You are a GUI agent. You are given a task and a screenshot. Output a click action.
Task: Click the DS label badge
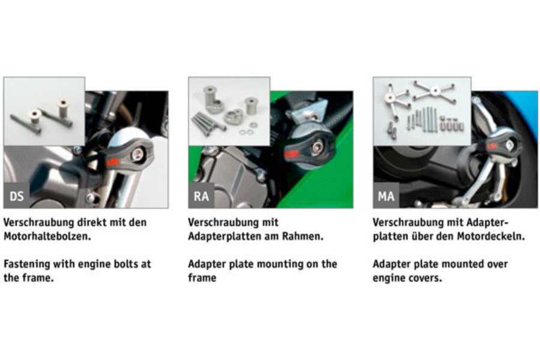17,196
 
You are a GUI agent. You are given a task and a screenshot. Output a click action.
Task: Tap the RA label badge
201,196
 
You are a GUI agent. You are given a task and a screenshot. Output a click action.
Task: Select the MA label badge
386,196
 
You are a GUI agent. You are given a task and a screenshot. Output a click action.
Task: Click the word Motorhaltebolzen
47,236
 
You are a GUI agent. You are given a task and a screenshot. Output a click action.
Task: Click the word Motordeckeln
491,236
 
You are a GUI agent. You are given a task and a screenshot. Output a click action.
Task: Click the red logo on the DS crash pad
113,161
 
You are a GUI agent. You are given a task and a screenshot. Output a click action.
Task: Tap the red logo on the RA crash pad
292,154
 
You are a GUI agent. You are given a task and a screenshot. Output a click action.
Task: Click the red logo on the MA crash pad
492,146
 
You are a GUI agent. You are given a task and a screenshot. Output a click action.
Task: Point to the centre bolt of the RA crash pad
316,148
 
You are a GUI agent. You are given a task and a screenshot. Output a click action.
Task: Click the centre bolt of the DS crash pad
137,155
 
